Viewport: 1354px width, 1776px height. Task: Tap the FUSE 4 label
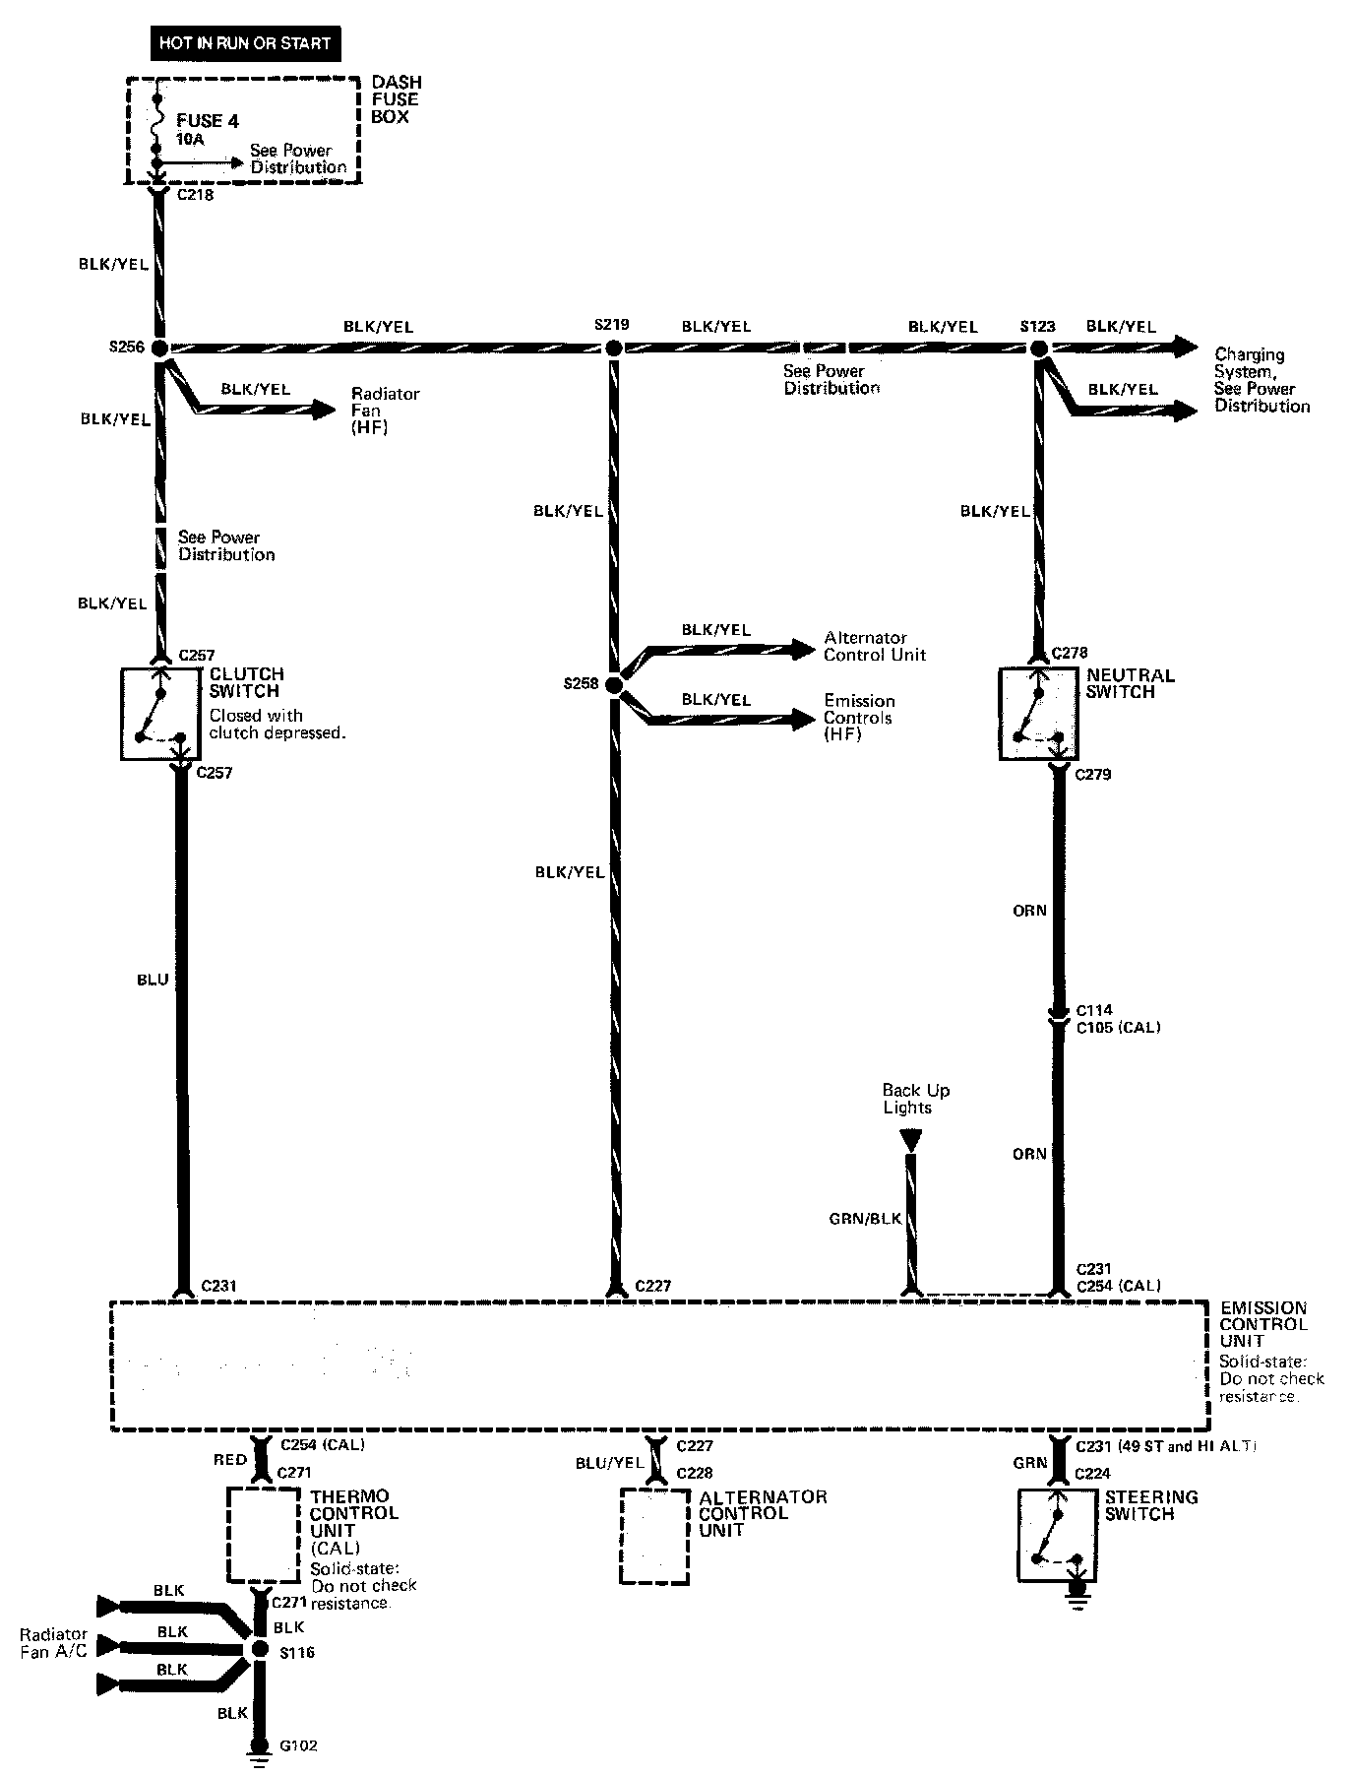click(x=208, y=121)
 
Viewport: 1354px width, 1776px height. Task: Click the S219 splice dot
click(x=613, y=348)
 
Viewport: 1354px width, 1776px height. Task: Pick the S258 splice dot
click(x=614, y=684)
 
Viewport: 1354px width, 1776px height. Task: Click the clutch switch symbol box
click(x=160, y=715)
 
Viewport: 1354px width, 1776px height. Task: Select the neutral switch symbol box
click(x=1038, y=715)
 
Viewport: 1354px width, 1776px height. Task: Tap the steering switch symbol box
click(x=1058, y=1536)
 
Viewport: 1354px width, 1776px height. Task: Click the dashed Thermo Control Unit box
click(x=264, y=1534)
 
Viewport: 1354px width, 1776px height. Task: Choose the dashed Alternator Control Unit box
click(x=654, y=1536)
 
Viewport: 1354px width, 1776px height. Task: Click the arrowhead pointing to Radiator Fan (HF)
click(x=325, y=410)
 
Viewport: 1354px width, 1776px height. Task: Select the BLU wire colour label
click(x=154, y=980)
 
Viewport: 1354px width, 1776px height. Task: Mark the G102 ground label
click(x=298, y=1745)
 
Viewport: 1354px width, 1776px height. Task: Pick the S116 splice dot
click(x=260, y=1649)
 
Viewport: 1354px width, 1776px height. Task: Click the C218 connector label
click(x=195, y=195)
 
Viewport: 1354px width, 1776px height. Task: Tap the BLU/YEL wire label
click(x=610, y=1464)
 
